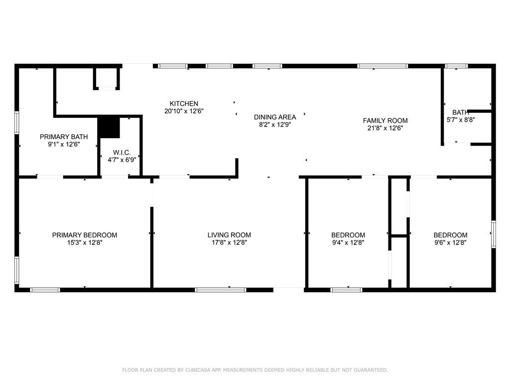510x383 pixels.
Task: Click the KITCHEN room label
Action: tap(184, 104)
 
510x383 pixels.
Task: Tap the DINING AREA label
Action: tap(275, 117)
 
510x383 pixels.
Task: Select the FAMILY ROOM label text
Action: tap(385, 121)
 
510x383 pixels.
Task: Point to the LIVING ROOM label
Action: tap(229, 235)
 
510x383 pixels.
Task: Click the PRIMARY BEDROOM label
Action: tap(85, 235)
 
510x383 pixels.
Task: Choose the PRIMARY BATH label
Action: tap(64, 137)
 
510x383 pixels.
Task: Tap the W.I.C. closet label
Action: tap(122, 153)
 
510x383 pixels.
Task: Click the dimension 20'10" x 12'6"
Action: tap(184, 111)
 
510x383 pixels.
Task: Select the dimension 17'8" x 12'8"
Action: tap(229, 242)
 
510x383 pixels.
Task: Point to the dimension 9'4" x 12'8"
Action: tap(348, 242)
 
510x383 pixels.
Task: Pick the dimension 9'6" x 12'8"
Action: tap(450, 242)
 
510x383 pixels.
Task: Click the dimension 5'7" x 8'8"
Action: tap(461, 120)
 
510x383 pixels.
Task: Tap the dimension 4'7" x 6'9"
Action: tap(122, 160)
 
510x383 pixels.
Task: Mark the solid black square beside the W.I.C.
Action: tap(109, 127)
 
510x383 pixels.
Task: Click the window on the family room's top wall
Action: tap(382, 66)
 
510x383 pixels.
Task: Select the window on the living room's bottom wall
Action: tap(221, 290)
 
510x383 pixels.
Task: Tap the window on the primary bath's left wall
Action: tap(16, 123)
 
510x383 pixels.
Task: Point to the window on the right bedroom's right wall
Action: tap(494, 234)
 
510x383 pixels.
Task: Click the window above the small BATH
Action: tap(456, 66)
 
